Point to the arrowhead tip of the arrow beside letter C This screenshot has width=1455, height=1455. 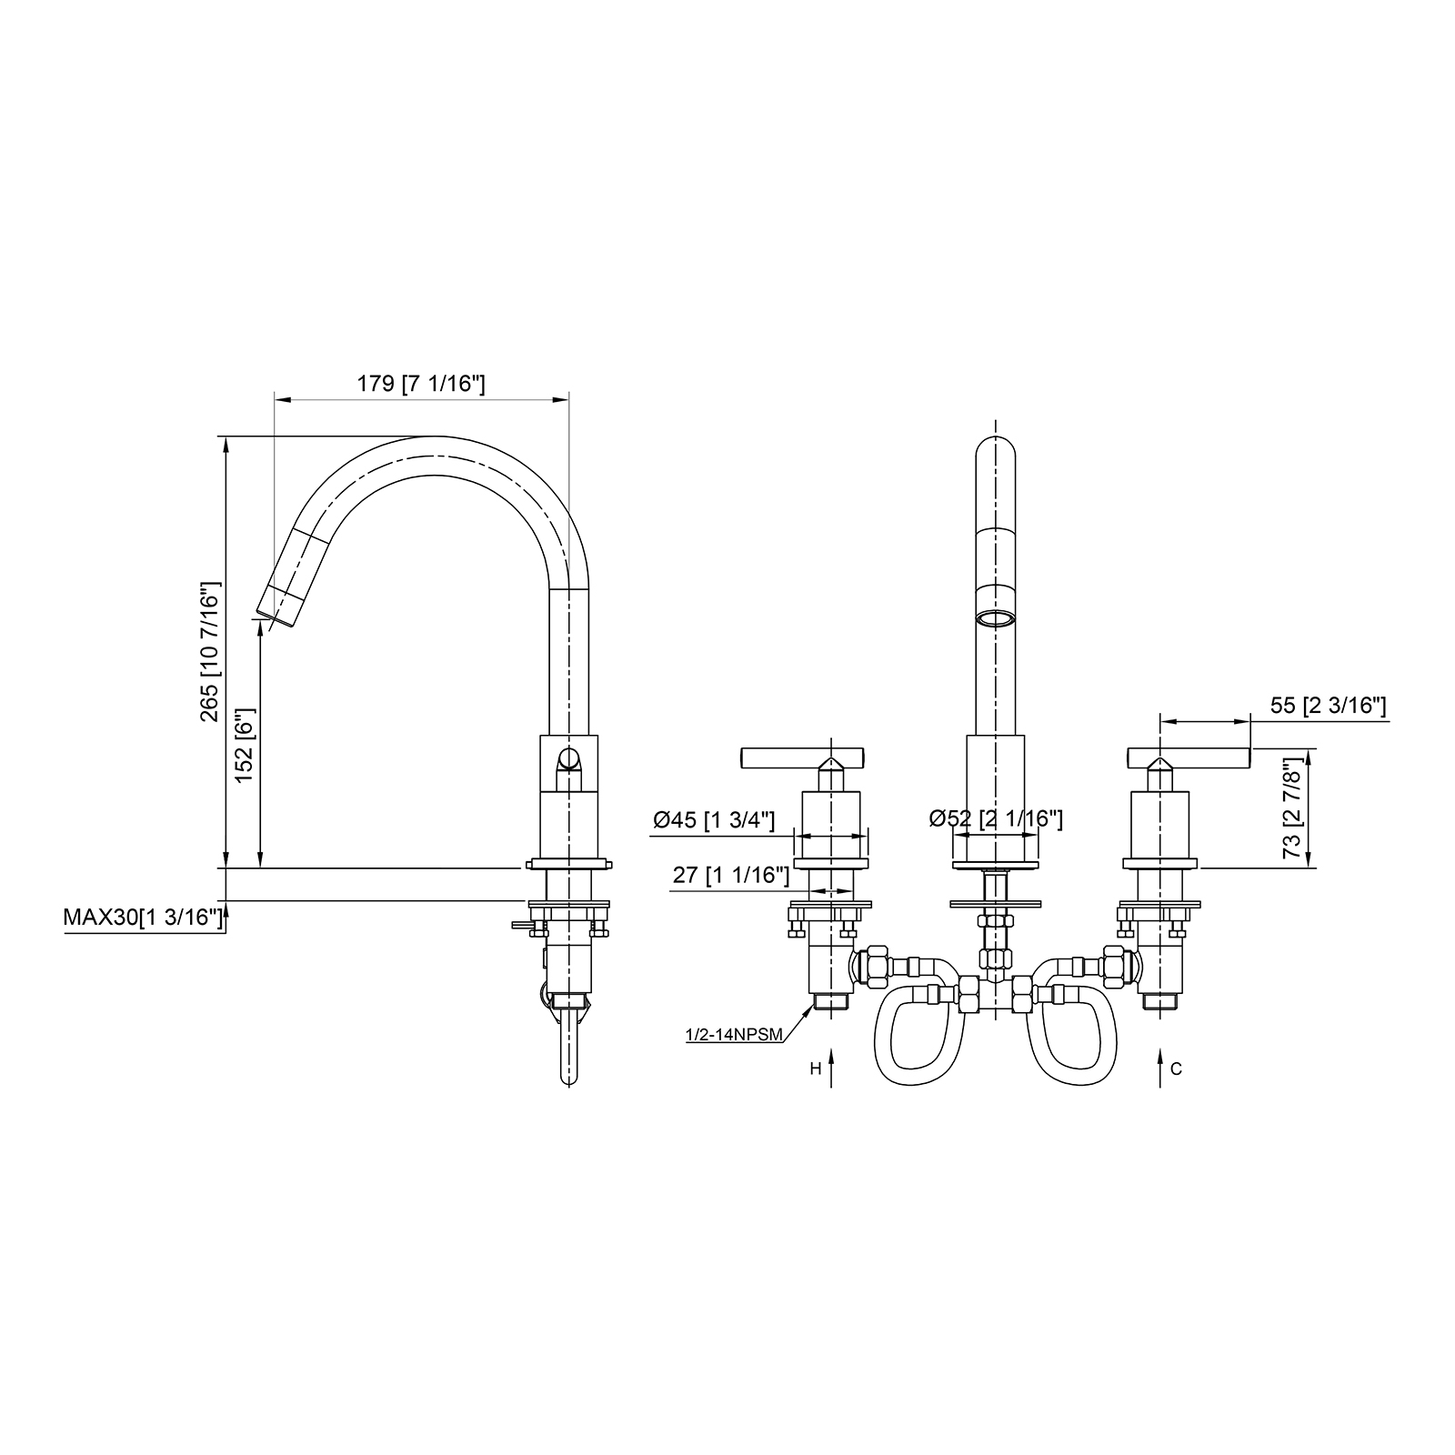pyautogui.click(x=1159, y=1050)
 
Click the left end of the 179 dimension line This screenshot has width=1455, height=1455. pyautogui.click(x=275, y=399)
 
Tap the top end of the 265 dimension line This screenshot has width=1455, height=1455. pyautogui.click(x=226, y=437)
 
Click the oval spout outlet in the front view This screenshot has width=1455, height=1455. pyautogui.click(x=995, y=618)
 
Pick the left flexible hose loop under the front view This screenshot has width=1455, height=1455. pyautogui.click(x=912, y=1032)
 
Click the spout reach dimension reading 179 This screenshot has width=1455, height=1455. pyautogui.click(x=420, y=384)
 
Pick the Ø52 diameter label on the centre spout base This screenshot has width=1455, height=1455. pyautogui.click(x=996, y=819)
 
